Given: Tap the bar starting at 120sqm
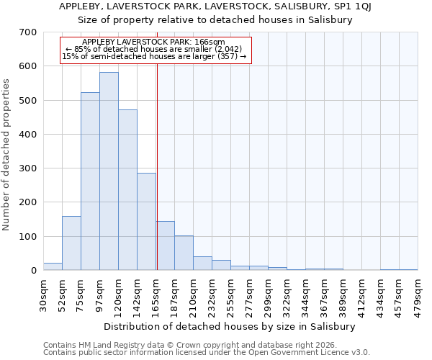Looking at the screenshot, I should [127, 190].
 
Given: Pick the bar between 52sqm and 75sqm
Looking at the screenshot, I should [71, 243].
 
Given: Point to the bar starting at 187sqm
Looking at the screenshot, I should [184, 253].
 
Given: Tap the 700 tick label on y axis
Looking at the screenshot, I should [28, 32].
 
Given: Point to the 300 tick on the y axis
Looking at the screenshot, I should [28, 168].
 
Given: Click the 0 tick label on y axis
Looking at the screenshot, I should [33, 271].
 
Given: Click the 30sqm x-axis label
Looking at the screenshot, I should [44, 294].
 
